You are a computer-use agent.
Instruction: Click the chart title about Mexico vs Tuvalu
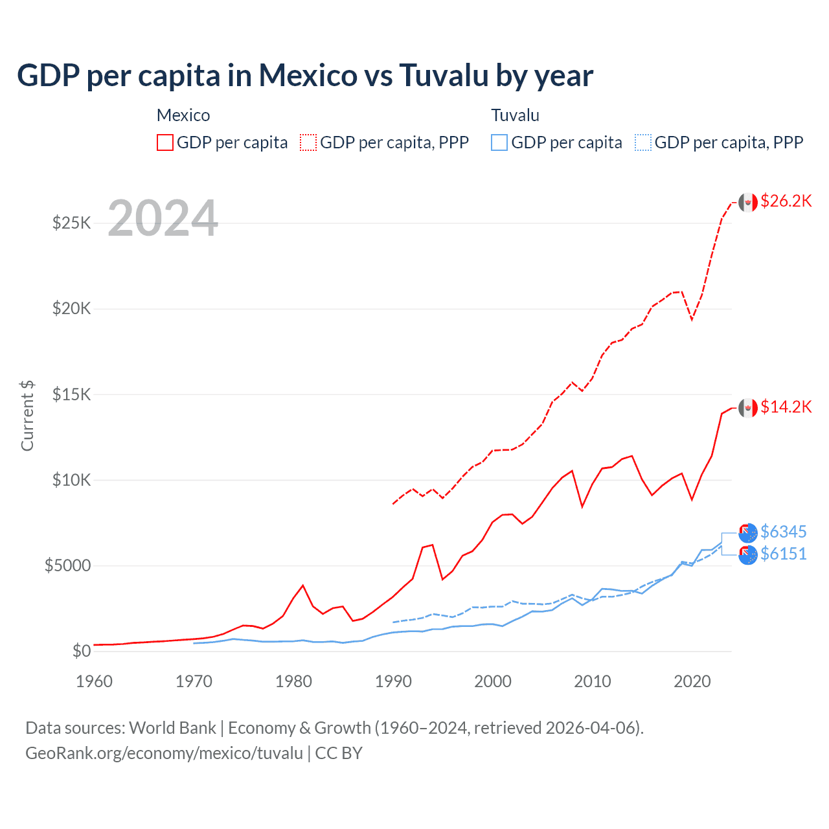[304, 76]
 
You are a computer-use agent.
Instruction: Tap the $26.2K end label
[786, 201]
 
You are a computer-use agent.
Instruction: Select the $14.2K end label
[786, 407]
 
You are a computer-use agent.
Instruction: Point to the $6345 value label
[783, 532]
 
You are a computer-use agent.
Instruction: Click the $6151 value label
[783, 554]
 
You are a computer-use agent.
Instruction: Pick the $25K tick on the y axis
[72, 223]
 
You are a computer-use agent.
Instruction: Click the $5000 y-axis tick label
[67, 566]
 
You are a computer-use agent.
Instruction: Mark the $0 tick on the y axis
[81, 651]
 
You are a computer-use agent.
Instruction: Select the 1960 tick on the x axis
[95, 681]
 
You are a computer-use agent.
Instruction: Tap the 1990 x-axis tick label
[393, 681]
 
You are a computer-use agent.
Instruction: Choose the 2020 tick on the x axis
[692, 681]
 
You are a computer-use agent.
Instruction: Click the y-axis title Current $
[27, 416]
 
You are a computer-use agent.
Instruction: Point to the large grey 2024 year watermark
[163, 219]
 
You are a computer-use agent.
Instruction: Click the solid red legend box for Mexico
[165, 142]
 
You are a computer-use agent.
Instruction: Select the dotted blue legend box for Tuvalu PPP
[643, 142]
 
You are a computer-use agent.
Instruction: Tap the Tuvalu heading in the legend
[515, 115]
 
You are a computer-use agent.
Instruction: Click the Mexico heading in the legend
[183, 115]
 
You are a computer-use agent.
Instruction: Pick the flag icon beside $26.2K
[748, 202]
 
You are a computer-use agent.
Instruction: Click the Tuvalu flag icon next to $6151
[748, 555]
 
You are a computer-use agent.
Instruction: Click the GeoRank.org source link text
[164, 753]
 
